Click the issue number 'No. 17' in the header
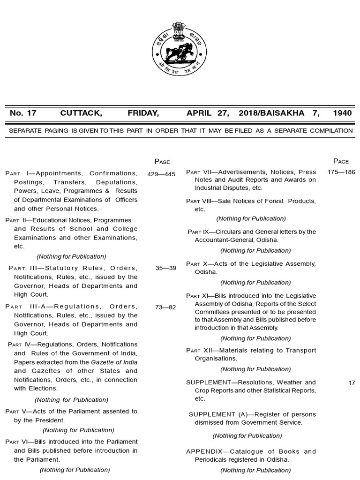[23, 113]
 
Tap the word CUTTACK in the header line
[81, 113]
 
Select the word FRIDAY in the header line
[143, 113]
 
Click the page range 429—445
[161, 174]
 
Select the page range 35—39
[165, 268]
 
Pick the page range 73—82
[165, 307]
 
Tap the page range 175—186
[341, 172]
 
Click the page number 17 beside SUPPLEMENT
[352, 383]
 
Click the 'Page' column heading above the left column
[162, 162]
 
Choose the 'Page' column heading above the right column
[341, 161]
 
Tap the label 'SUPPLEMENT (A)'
[218, 414]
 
